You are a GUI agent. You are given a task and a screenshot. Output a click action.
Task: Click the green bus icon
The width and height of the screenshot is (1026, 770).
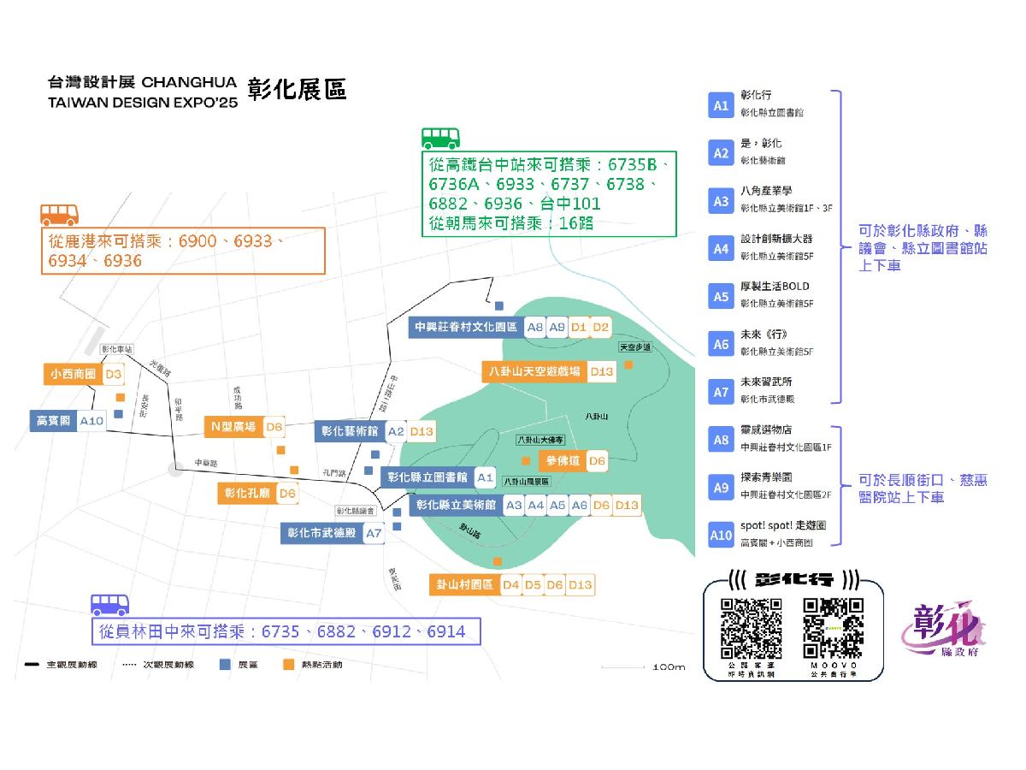coord(441,139)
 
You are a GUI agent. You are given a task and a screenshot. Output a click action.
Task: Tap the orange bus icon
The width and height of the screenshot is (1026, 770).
coord(60,214)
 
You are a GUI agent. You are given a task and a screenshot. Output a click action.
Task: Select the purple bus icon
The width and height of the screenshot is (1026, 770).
coord(110,605)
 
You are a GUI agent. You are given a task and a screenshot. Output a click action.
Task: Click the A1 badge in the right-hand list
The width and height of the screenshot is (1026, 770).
coord(721,105)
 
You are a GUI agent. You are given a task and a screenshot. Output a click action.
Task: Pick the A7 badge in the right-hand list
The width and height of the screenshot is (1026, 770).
coord(721,392)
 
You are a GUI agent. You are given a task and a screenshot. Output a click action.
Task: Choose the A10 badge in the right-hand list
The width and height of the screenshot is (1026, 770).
coord(721,536)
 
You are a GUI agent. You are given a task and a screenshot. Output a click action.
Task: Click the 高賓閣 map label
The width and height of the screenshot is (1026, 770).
coord(53,421)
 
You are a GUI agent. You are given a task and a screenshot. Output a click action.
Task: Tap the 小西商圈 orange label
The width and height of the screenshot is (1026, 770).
coord(73,374)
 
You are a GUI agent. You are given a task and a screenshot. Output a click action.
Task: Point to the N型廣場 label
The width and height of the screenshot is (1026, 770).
coord(233,427)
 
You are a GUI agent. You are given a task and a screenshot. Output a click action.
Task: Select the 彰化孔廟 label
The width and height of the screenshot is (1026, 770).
coord(247,493)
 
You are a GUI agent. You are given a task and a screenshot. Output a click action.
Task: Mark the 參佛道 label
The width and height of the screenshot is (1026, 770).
coord(562,461)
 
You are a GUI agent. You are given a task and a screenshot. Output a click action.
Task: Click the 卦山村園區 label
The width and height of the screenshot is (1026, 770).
coord(464,584)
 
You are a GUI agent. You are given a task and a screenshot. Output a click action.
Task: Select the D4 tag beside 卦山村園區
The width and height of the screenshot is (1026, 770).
coord(510,584)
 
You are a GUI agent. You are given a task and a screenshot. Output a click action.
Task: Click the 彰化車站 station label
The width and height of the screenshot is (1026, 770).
coord(116,349)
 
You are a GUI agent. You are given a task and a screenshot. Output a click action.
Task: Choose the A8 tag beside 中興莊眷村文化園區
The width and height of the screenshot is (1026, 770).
coord(535,327)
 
